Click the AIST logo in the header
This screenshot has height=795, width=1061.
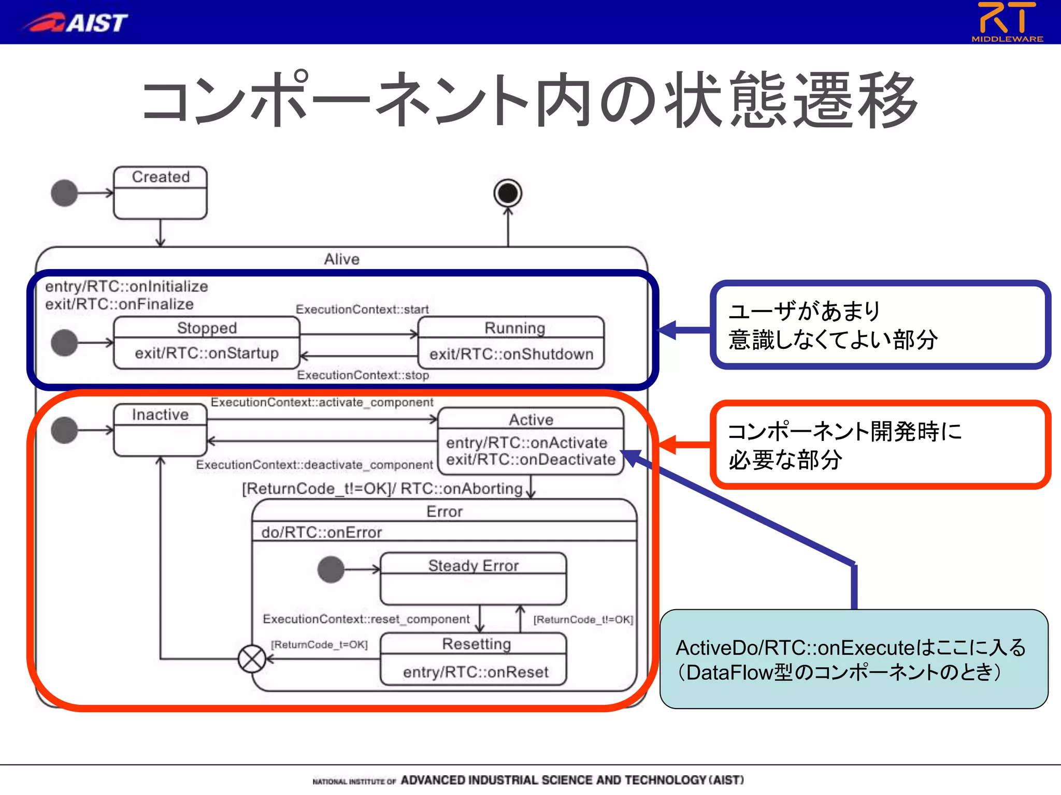(x=75, y=22)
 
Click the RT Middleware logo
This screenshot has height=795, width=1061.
(x=1007, y=22)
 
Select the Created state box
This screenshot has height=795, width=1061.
(x=160, y=193)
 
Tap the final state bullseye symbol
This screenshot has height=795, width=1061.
(x=508, y=193)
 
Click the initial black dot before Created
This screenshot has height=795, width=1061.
(x=64, y=193)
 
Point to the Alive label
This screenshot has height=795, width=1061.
(x=341, y=259)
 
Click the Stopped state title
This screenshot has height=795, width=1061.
(x=207, y=328)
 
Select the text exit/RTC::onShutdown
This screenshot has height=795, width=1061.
(x=511, y=354)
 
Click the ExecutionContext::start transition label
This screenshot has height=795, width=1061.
(x=362, y=309)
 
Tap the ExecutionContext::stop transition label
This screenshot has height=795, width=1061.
(x=363, y=375)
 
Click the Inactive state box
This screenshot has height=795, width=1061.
(x=160, y=430)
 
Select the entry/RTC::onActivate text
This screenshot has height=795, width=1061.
(x=526, y=443)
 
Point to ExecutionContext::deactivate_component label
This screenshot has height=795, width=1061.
(x=314, y=465)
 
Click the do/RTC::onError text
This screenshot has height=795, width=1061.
(x=321, y=532)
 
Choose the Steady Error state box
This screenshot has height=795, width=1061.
(x=473, y=579)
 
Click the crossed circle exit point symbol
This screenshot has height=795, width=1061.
(x=252, y=659)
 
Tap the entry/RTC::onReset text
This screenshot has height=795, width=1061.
(x=476, y=672)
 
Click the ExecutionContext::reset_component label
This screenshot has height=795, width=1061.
(x=366, y=619)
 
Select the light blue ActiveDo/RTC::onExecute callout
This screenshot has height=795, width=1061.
(x=853, y=659)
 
